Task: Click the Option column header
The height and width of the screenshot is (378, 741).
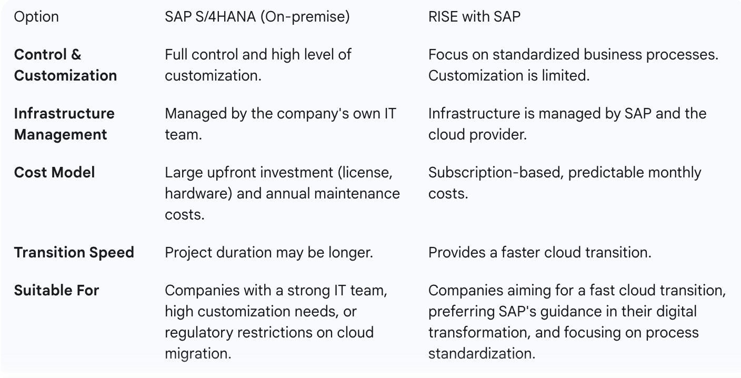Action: [36, 17]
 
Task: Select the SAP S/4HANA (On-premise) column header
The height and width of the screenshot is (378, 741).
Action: [257, 17]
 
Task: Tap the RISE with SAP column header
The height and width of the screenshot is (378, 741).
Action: [474, 16]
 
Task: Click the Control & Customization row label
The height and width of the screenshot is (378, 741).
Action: [65, 65]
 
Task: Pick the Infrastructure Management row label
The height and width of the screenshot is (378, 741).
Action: [64, 124]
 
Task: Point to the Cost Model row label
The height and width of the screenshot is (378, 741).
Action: [54, 173]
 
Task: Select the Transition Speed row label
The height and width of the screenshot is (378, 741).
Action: [74, 253]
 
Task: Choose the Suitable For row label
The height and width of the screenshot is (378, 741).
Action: [56, 290]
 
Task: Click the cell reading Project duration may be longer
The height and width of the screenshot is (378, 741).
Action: [268, 253]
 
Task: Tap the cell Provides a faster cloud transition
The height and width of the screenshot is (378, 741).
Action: [539, 253]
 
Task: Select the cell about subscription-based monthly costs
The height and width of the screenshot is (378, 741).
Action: [565, 183]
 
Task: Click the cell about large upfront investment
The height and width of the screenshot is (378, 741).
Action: [282, 193]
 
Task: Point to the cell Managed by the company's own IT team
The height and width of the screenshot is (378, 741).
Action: [280, 124]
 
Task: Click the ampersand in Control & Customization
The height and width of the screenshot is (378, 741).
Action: [76, 55]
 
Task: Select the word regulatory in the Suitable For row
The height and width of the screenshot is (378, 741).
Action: [199, 333]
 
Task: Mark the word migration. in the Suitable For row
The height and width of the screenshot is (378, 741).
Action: [198, 353]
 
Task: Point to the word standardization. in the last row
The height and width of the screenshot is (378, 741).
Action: [482, 353]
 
